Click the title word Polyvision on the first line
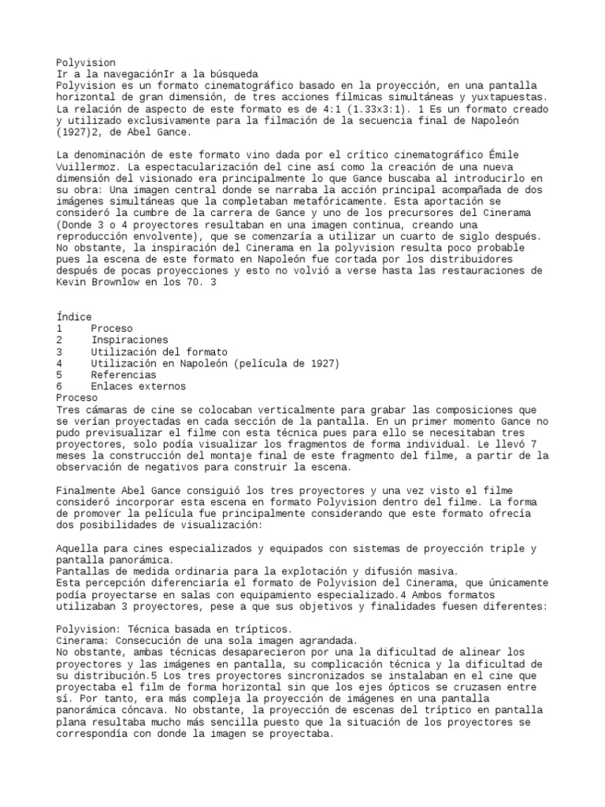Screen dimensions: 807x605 [86, 62]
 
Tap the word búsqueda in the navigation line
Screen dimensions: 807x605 [236, 73]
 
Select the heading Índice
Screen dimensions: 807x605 [74, 317]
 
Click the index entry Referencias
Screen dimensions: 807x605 [123, 375]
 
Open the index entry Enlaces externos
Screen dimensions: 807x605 [139, 386]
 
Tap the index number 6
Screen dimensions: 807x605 [60, 386]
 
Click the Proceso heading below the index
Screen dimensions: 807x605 [77, 398]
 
